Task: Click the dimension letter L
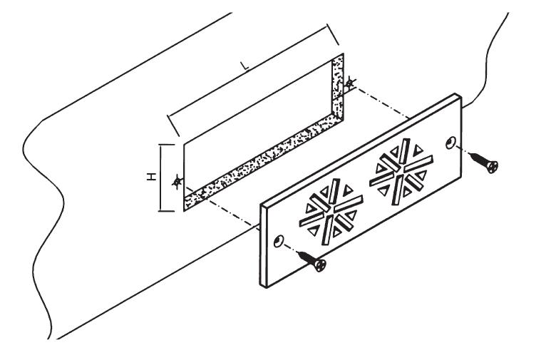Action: click(244, 66)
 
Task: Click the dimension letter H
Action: click(152, 177)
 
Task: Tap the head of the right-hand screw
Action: click(492, 167)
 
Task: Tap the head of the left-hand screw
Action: click(320, 265)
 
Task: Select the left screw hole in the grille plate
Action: click(279, 241)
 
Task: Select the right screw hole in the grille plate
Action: click(451, 143)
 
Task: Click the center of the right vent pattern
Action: click(401, 172)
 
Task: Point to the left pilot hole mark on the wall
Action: click(177, 182)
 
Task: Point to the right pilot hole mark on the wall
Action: click(349, 83)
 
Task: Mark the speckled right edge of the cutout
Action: click(339, 88)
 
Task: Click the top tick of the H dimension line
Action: click(167, 145)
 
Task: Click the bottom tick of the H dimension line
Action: click(166, 211)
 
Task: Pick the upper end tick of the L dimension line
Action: click(333, 34)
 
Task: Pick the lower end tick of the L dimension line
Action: click(173, 125)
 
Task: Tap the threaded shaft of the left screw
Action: click(306, 257)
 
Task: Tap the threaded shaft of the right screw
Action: click(478, 158)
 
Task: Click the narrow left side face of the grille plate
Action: click(264, 246)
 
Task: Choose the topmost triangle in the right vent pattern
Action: click(418, 150)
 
